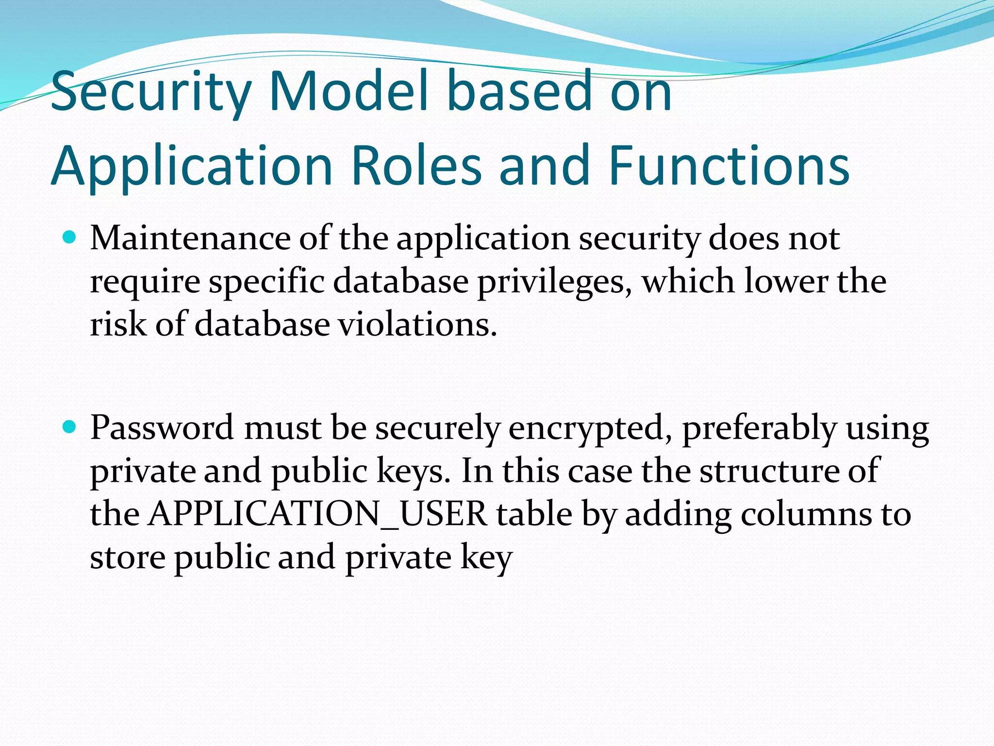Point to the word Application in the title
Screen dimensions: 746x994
[192, 166]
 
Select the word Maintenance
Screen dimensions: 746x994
[190, 239]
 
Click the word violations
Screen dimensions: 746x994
[417, 324]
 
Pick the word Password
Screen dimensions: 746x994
[162, 428]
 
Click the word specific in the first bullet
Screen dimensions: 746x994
[266, 282]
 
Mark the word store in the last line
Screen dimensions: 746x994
[128, 558]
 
